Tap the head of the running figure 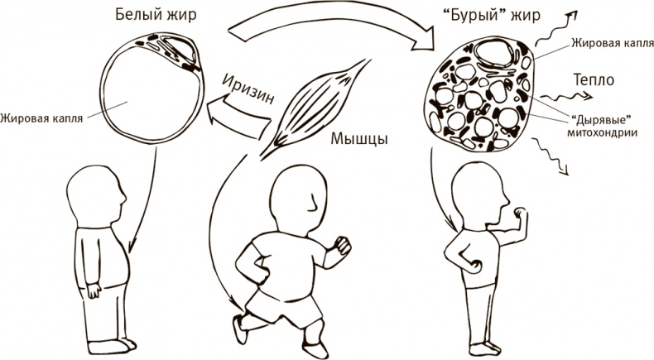coord(300,197)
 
